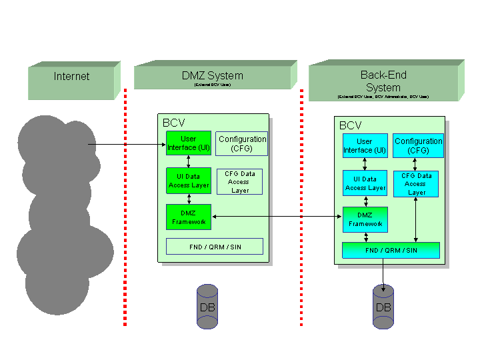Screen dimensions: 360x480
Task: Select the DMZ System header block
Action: pos(213,77)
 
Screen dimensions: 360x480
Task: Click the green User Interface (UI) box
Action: pos(189,143)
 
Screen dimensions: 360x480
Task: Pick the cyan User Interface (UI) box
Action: pos(365,146)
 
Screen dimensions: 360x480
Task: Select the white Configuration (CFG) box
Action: pos(242,143)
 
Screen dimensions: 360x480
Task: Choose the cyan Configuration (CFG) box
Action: pos(418,146)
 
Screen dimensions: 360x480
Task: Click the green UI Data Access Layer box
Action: pos(189,181)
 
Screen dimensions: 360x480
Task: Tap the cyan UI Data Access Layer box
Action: pos(365,183)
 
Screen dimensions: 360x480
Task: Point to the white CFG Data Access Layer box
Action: pos(239,181)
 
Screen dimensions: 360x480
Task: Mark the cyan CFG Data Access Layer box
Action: pos(416,184)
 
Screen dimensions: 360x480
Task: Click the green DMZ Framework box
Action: pos(189,217)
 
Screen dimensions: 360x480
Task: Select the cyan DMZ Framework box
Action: pos(365,219)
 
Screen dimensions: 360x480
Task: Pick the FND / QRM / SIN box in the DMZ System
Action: pos(215,247)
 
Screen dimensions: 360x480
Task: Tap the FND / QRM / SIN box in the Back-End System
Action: pos(391,250)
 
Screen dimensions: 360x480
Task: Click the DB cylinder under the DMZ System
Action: pos(207,307)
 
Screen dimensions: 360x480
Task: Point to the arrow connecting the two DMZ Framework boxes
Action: pos(277,216)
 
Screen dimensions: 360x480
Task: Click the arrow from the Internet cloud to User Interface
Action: pos(127,144)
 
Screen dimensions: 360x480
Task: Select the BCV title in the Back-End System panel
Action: pos(351,125)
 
